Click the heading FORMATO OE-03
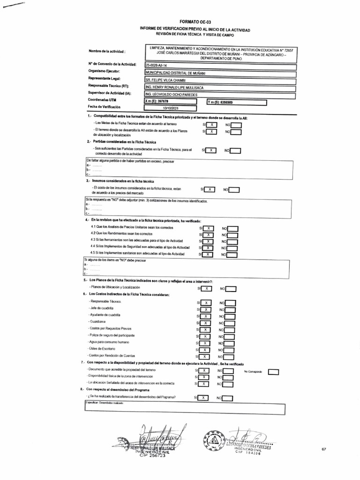coord(192,22)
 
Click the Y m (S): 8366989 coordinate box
coord(236,102)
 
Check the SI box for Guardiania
coord(205,323)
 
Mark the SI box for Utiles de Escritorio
coord(205,350)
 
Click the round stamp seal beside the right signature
coord(214,440)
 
